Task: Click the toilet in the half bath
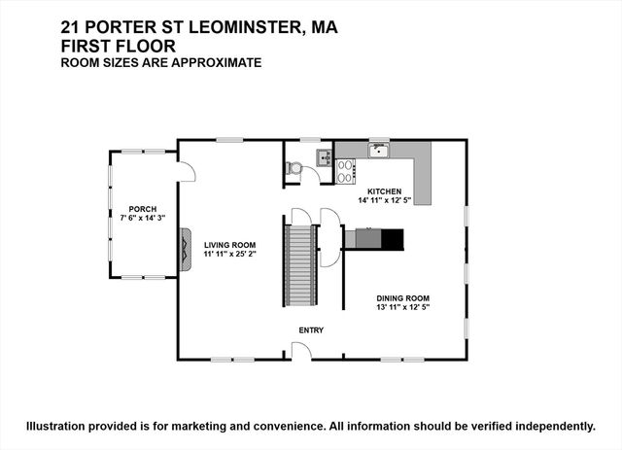click(294, 168)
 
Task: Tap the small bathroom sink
click(324, 157)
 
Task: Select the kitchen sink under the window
click(378, 151)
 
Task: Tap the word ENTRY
click(311, 330)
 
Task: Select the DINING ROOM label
click(403, 298)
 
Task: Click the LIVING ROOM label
click(229, 245)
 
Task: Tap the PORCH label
click(143, 210)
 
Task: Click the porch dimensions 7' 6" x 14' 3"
click(143, 219)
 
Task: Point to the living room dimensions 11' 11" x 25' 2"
click(229, 254)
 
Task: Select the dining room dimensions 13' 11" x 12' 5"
click(403, 307)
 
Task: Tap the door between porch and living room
click(186, 170)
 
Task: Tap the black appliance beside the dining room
click(392, 239)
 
